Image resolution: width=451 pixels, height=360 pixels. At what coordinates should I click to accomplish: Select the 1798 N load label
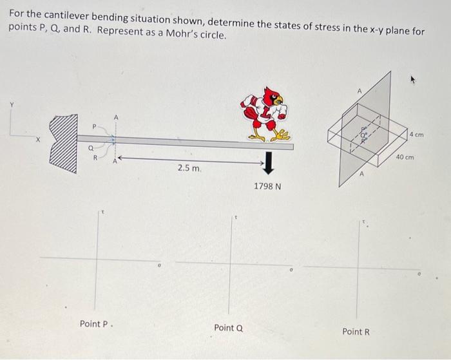click(267, 186)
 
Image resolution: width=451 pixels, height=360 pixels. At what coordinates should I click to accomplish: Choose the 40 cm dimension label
click(406, 157)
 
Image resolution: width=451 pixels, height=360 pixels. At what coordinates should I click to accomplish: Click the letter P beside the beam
click(93, 127)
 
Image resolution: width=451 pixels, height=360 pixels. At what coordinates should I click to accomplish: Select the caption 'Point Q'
click(228, 328)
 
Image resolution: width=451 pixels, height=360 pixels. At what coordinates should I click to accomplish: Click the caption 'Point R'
click(356, 331)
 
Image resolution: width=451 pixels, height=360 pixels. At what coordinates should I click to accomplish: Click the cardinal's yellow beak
click(278, 100)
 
